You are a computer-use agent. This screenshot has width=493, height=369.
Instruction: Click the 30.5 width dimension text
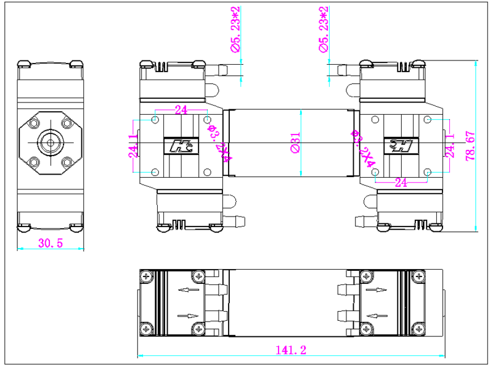pos(51,243)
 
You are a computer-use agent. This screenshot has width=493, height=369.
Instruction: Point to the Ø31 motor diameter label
pos(295,143)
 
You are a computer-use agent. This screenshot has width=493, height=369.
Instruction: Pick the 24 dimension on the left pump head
pos(181,110)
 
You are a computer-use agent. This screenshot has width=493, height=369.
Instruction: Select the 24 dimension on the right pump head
pos(401,183)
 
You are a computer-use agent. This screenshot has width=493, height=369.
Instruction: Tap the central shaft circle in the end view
pos(50,142)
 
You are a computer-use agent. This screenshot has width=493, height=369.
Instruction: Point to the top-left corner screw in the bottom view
pos(146,276)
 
